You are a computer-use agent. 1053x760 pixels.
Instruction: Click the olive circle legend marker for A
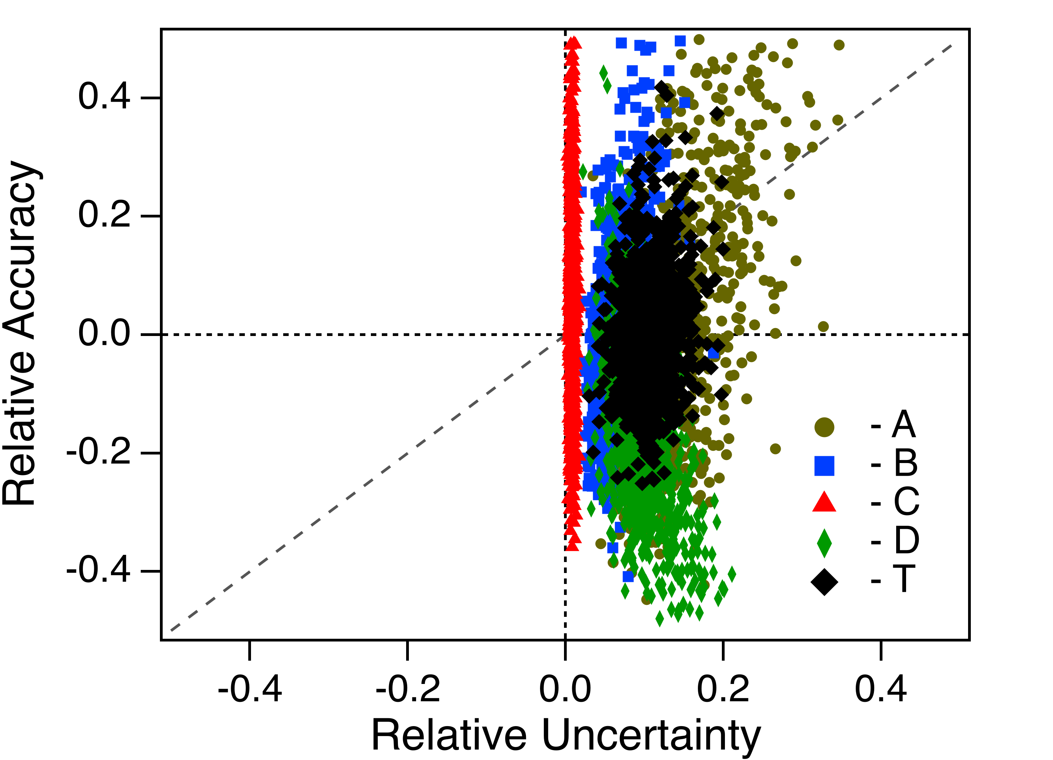[x=825, y=427]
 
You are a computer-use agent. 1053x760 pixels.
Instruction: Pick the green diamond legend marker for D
[x=825, y=542]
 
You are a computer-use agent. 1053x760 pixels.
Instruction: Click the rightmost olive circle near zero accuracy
[x=823, y=327]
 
